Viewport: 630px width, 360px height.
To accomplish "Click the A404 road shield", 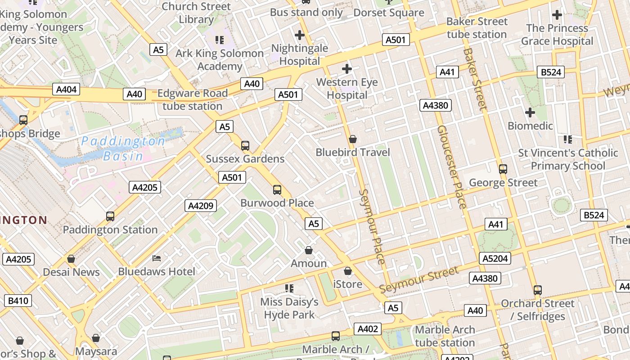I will pyautogui.click(x=66, y=89).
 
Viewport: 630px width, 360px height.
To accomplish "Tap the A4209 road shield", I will pyautogui.click(x=201, y=206).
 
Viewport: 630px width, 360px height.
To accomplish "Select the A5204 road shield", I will pyautogui.click(x=495, y=258).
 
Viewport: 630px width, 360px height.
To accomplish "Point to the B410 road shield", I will pyautogui.click(x=18, y=300).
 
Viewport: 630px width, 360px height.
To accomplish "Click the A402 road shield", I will pyautogui.click(x=367, y=329).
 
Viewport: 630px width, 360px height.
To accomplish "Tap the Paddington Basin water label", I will pyautogui.click(x=123, y=148).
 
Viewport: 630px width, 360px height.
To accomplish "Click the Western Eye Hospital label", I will pyautogui.click(x=347, y=89).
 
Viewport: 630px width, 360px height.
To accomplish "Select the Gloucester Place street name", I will pyautogui.click(x=451, y=167).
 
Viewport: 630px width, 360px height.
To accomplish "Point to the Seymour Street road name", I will pyautogui.click(x=419, y=279).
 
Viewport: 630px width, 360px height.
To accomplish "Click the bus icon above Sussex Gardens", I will pyautogui.click(x=245, y=146).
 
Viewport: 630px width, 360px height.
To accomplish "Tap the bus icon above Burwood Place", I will pyautogui.click(x=277, y=190).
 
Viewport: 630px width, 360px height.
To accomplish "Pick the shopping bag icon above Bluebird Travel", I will pyautogui.click(x=353, y=139).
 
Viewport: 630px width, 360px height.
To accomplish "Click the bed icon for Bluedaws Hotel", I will pyautogui.click(x=157, y=258).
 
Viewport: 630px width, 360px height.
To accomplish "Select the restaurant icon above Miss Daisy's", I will pyautogui.click(x=289, y=288).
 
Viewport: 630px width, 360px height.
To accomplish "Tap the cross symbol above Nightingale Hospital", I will pyautogui.click(x=300, y=35).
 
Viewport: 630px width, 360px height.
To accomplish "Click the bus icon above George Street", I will pyautogui.click(x=503, y=169).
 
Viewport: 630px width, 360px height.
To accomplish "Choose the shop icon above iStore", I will pyautogui.click(x=347, y=271).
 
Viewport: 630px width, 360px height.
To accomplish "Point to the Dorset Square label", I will pyautogui.click(x=389, y=13).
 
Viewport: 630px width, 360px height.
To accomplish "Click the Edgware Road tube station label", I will pyautogui.click(x=193, y=100).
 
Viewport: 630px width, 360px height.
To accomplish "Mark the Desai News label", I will pyautogui.click(x=71, y=272).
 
